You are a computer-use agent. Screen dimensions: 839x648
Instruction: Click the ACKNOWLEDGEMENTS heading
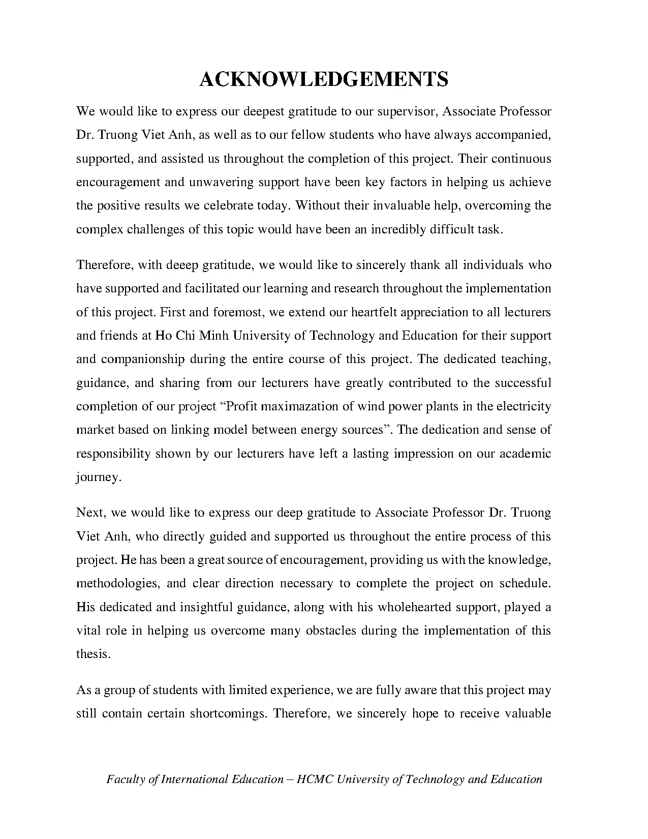(324, 79)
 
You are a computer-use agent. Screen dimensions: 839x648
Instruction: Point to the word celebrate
(228, 206)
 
